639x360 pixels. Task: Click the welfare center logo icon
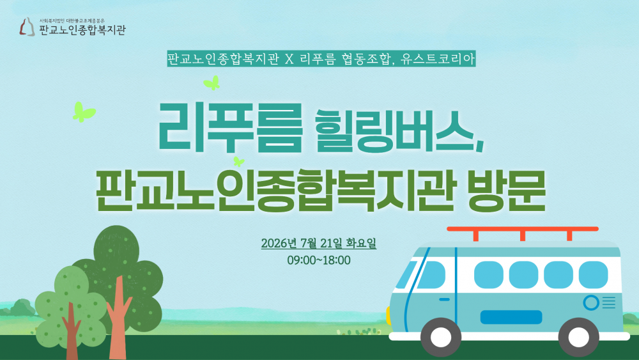point(27,27)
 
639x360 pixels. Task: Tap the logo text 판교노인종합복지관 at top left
point(82,30)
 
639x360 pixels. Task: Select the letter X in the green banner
point(289,59)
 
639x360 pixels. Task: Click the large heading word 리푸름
point(230,127)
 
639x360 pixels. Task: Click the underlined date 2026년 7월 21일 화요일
point(319,244)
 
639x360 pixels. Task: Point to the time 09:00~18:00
point(319,260)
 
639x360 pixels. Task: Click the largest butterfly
point(83,112)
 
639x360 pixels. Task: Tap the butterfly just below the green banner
point(212,82)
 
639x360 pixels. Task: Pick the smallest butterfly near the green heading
point(238,161)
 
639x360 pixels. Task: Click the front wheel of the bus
point(441,337)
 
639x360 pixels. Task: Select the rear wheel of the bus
point(579,337)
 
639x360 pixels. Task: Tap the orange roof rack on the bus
point(523,233)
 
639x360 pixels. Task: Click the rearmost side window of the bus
point(594,275)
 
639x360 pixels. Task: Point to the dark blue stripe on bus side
point(511,317)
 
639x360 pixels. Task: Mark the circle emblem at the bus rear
point(591,303)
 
